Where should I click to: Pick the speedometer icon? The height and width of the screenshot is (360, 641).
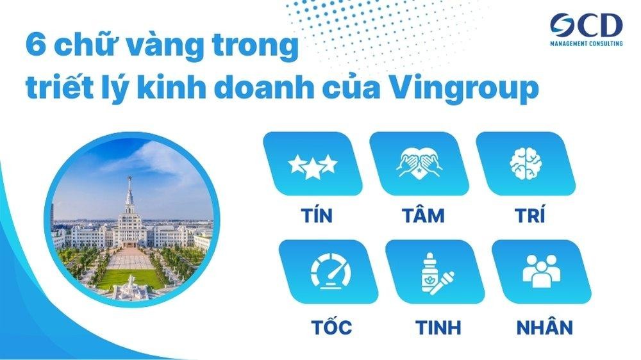[327, 272]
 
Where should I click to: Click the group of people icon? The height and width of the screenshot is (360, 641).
[541, 272]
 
